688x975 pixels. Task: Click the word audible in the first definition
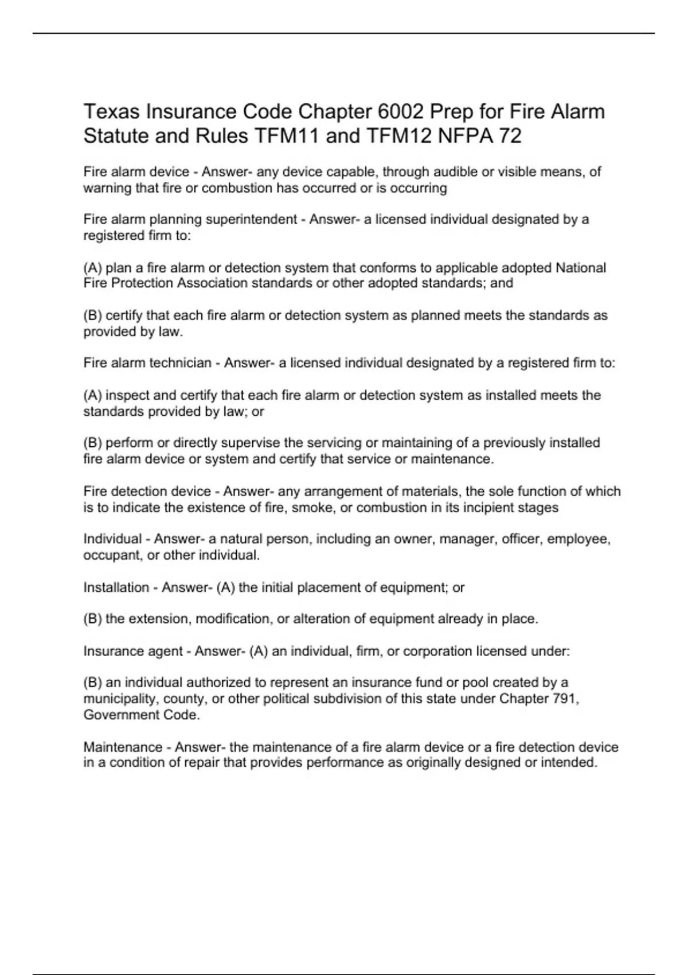pos(456,171)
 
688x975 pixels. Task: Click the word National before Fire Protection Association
pos(581,268)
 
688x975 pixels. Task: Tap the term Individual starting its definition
pos(112,539)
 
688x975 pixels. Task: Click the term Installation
pos(116,587)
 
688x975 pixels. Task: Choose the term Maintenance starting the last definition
pos(123,747)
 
